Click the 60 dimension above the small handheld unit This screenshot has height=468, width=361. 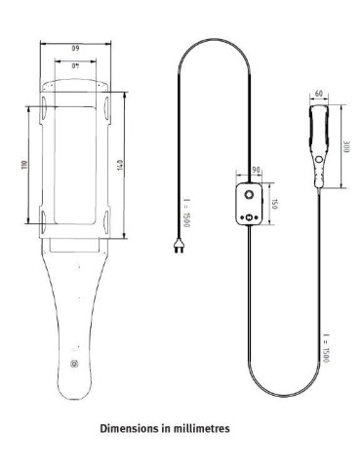319,95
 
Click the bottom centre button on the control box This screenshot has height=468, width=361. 251,217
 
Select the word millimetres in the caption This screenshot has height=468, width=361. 202,426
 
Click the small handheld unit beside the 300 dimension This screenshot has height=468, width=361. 319,146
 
